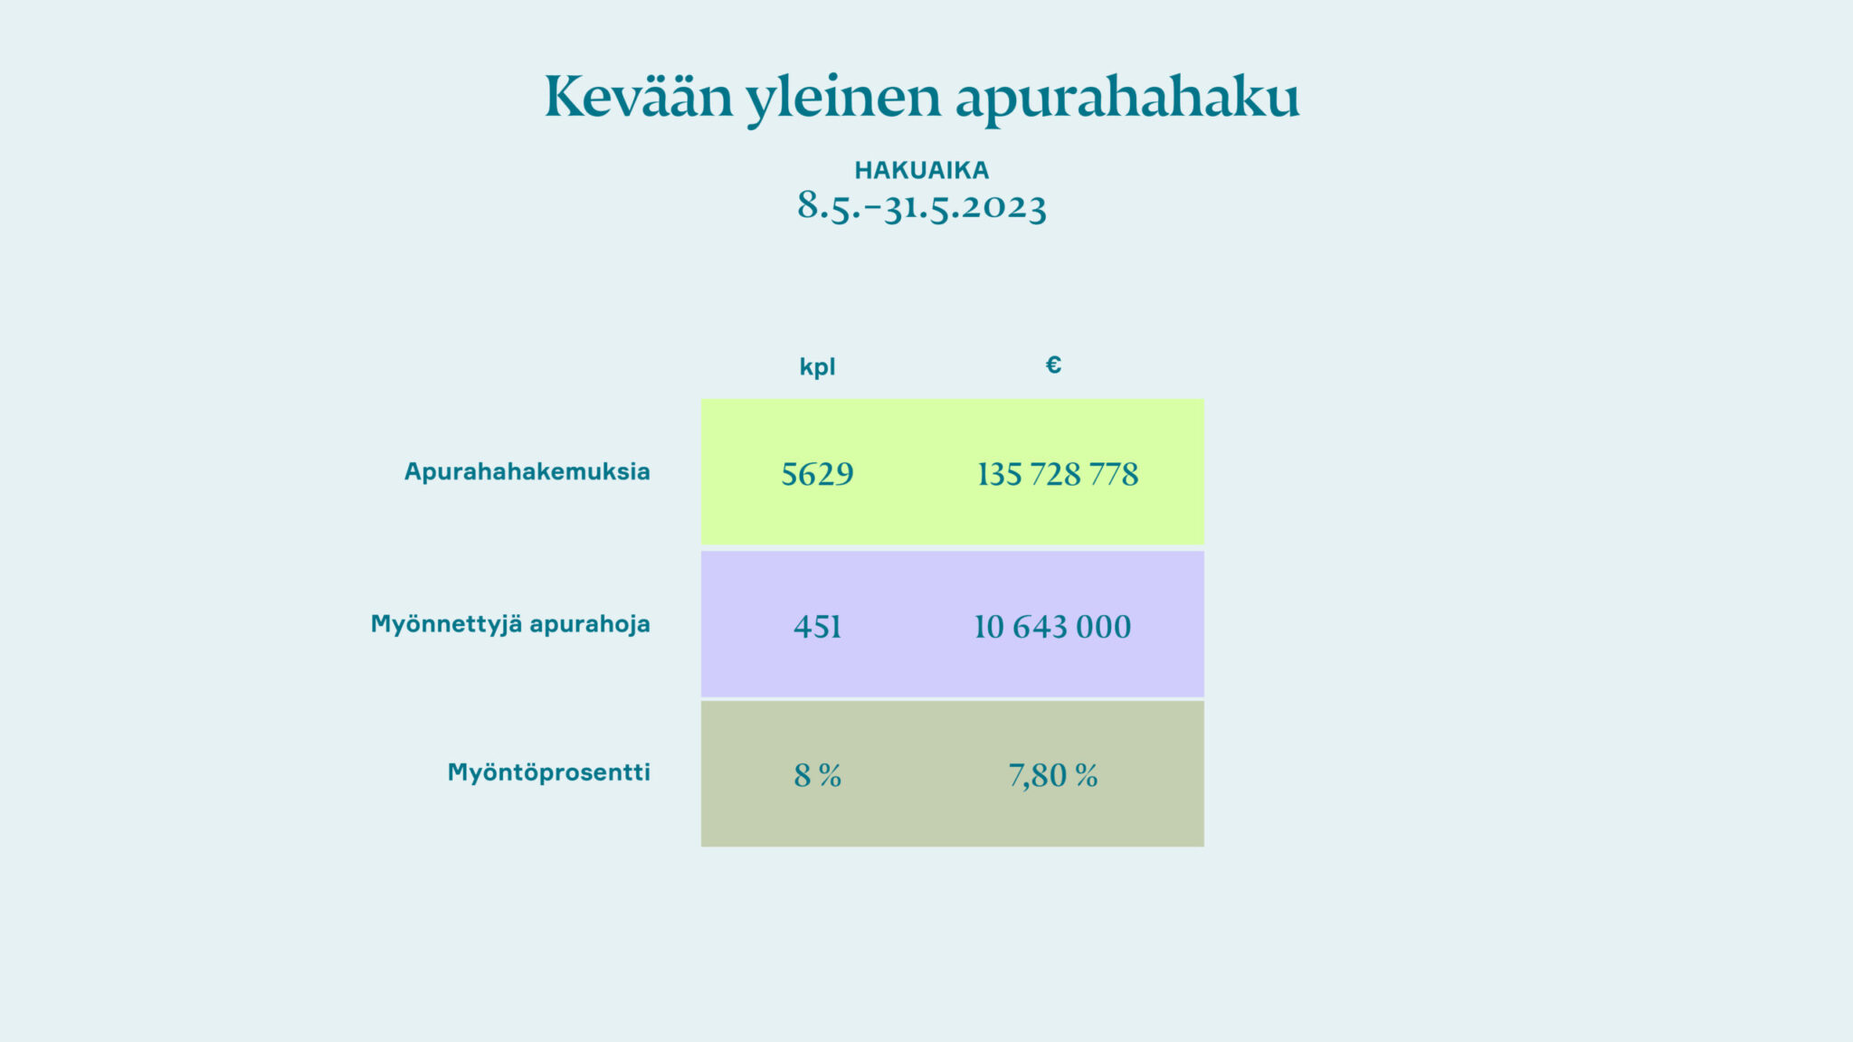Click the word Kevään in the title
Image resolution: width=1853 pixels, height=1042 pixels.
point(639,96)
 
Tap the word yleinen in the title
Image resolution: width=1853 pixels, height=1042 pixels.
point(843,99)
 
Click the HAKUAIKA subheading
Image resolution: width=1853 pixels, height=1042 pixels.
point(922,170)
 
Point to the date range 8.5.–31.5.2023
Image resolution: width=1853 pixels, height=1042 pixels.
point(922,207)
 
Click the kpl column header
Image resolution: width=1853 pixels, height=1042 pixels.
point(817,367)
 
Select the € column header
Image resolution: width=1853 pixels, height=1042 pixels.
point(1053,365)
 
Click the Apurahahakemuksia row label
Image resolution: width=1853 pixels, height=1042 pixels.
point(527,471)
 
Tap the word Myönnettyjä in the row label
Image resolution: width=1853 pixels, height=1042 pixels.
point(447,625)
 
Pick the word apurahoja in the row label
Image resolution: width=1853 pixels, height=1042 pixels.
point(590,625)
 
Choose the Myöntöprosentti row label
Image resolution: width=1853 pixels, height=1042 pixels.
point(549,772)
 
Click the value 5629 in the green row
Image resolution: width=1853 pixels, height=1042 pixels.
point(817,474)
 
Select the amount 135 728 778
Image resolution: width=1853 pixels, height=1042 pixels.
point(1058,474)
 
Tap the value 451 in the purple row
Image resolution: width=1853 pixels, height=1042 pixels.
point(817,627)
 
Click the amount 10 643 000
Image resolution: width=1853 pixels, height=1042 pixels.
point(1052,627)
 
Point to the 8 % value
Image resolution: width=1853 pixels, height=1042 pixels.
point(818,775)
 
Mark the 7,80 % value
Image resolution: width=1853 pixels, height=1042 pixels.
point(1053,776)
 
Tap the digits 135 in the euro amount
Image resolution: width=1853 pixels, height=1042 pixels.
point(1000,474)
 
